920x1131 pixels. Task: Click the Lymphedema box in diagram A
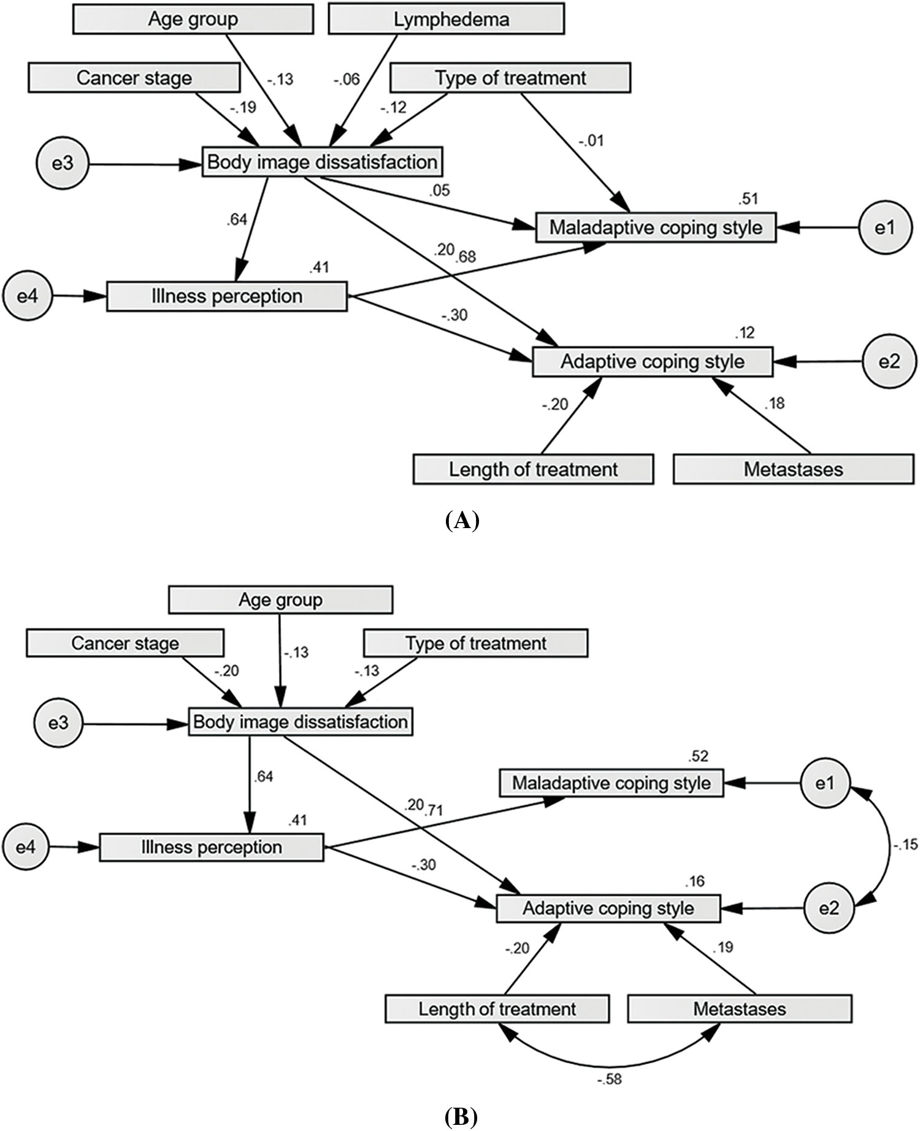click(x=447, y=20)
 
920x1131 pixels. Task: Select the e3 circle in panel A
click(x=63, y=164)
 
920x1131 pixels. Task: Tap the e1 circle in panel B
click(x=825, y=783)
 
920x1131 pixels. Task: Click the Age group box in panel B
click(x=280, y=599)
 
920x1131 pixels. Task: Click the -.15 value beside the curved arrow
click(x=905, y=845)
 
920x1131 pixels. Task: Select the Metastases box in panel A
click(x=794, y=469)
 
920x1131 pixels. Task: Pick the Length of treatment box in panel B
click(x=497, y=1008)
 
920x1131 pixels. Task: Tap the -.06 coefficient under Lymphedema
click(x=347, y=79)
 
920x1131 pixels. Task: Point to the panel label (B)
click(x=461, y=1118)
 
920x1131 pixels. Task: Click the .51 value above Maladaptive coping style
click(x=748, y=199)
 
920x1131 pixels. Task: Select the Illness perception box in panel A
click(x=227, y=296)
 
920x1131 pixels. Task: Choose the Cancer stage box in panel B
click(x=125, y=643)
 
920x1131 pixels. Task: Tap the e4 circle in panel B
click(x=26, y=847)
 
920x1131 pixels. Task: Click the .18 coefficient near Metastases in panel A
click(x=774, y=403)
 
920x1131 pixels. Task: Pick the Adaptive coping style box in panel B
click(x=608, y=908)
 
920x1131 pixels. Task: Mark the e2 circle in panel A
click(x=889, y=361)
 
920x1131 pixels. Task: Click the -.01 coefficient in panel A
click(x=591, y=140)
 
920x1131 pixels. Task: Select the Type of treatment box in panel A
click(x=510, y=79)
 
